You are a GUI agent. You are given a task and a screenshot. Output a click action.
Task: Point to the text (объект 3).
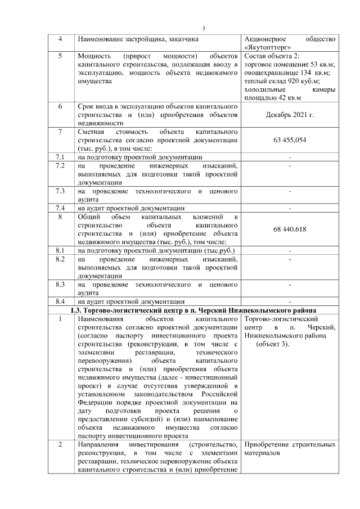point(272,344)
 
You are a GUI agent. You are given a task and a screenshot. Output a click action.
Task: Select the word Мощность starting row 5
point(93,57)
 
